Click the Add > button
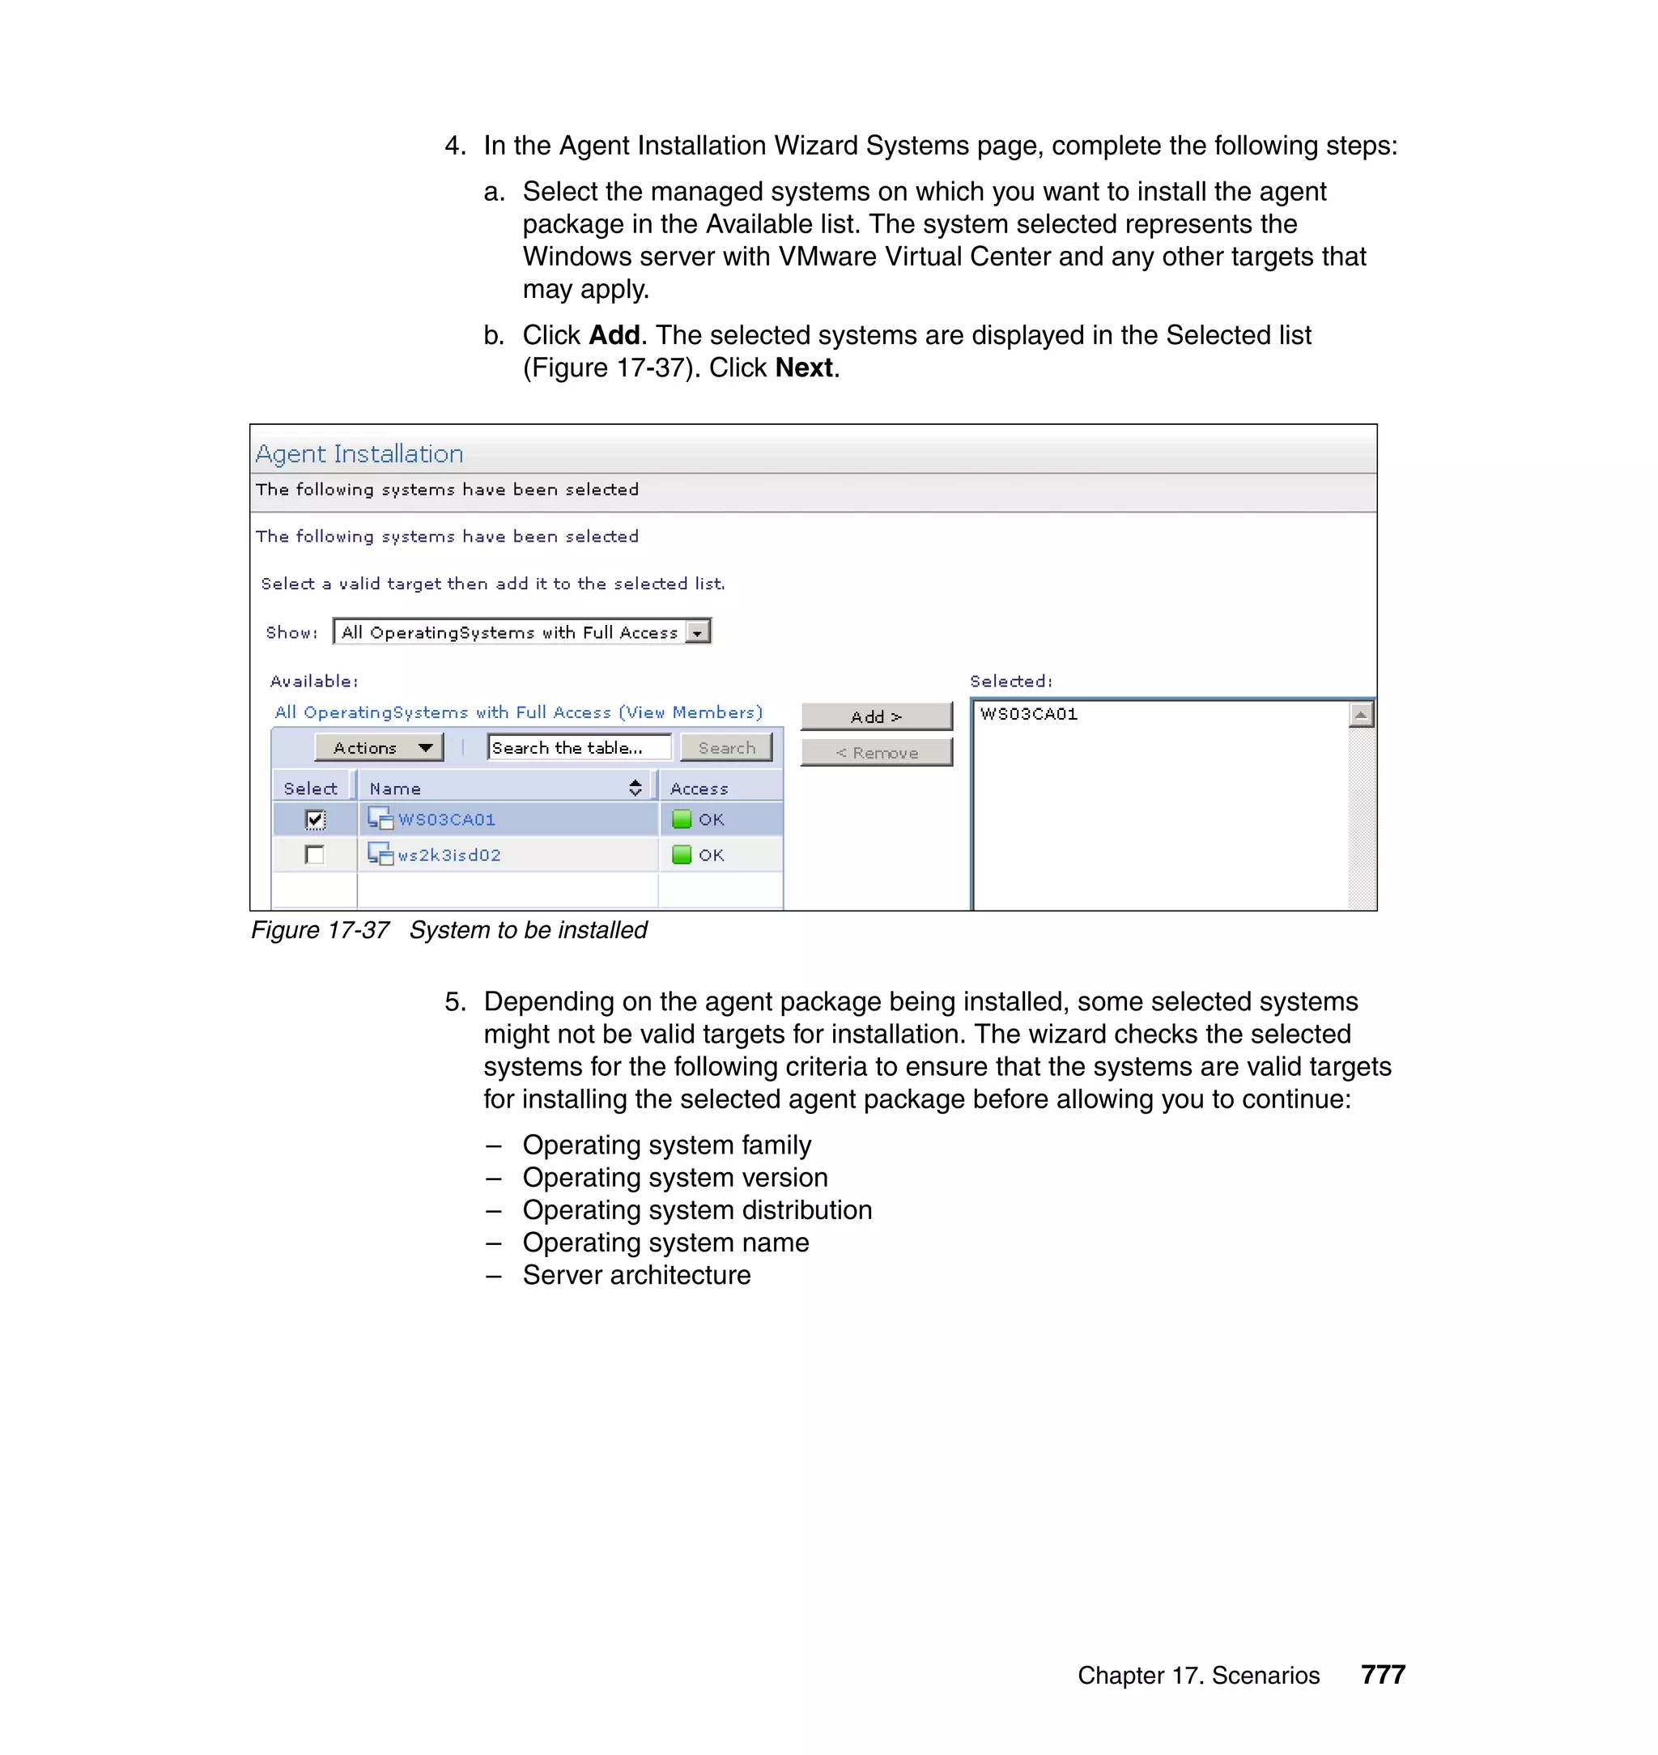click(x=876, y=716)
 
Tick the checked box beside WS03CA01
click(x=315, y=819)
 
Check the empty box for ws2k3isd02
click(x=315, y=855)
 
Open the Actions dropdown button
click(x=378, y=748)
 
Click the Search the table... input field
click(x=578, y=748)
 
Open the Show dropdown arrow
click(x=698, y=633)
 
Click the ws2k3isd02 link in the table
click(x=449, y=855)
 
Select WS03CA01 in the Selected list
click(x=1029, y=714)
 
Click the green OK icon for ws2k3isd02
click(x=682, y=855)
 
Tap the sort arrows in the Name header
click(x=635, y=788)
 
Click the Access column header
click(x=699, y=788)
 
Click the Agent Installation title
click(x=359, y=453)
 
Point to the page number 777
click(x=1383, y=1675)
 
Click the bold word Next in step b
click(x=803, y=368)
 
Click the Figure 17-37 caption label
click(x=320, y=929)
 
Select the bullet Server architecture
click(x=636, y=1275)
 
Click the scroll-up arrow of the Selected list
click(x=1361, y=714)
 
